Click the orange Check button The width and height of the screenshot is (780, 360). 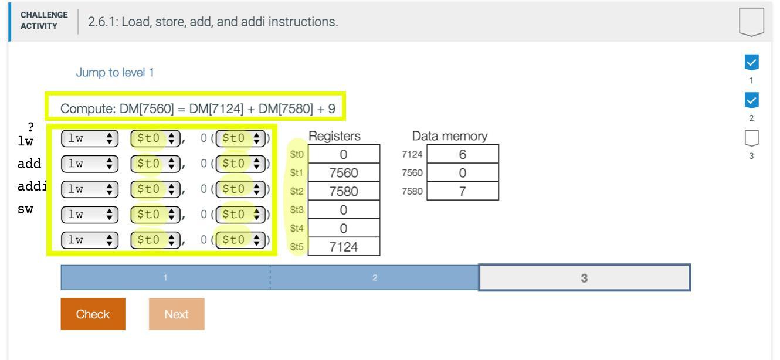click(93, 314)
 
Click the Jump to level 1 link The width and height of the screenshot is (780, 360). click(114, 73)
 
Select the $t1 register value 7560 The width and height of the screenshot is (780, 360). click(344, 173)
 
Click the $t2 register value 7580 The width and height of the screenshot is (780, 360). click(344, 191)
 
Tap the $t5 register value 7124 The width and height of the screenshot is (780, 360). click(344, 246)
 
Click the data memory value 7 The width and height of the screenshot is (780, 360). click(463, 191)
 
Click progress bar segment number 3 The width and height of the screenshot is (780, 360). click(584, 278)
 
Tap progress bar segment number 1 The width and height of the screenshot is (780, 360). click(165, 278)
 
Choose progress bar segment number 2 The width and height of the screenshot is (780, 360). click(374, 278)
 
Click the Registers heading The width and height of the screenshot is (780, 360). click(334, 136)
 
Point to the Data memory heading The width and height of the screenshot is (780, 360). click(450, 136)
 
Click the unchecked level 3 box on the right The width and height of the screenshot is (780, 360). click(751, 139)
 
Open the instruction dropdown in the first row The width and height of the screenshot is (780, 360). click(90, 138)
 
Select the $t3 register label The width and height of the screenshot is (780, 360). click(297, 209)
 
